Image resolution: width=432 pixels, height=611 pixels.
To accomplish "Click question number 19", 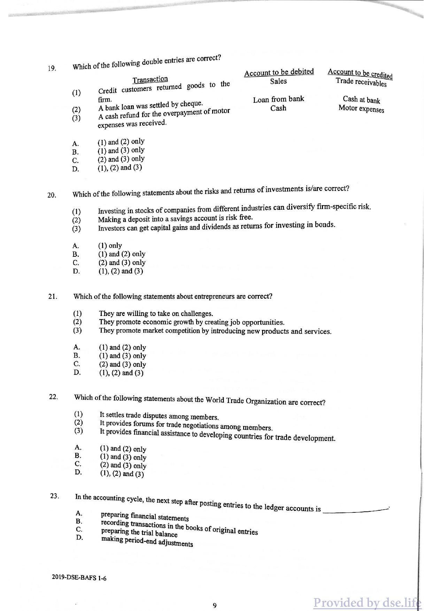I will tap(52, 68).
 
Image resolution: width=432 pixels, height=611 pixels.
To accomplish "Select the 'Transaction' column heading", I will tap(150, 79).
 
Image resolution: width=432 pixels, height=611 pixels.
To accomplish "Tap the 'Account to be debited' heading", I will tap(279, 72).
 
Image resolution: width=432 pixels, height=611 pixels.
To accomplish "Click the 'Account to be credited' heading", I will tap(360, 73).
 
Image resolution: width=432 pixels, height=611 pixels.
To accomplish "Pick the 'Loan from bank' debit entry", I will tap(278, 99).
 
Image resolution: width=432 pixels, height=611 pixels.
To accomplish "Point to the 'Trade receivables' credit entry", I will tap(361, 82).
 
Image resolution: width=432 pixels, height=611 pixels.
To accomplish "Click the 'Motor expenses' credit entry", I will tap(361, 109).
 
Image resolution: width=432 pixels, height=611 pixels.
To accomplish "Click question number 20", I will tap(52, 195).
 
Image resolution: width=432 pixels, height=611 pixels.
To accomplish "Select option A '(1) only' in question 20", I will tap(110, 245).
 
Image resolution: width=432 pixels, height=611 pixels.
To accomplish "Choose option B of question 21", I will tap(122, 356).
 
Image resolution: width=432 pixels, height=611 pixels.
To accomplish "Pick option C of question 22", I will tap(123, 465).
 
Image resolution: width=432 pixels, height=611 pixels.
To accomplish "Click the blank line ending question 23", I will tap(355, 511).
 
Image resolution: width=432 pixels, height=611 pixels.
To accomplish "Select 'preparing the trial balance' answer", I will tap(139, 533).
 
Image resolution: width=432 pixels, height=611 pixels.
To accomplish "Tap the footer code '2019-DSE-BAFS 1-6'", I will tap(79, 578).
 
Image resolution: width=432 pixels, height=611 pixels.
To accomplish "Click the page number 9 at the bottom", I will tap(215, 605).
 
